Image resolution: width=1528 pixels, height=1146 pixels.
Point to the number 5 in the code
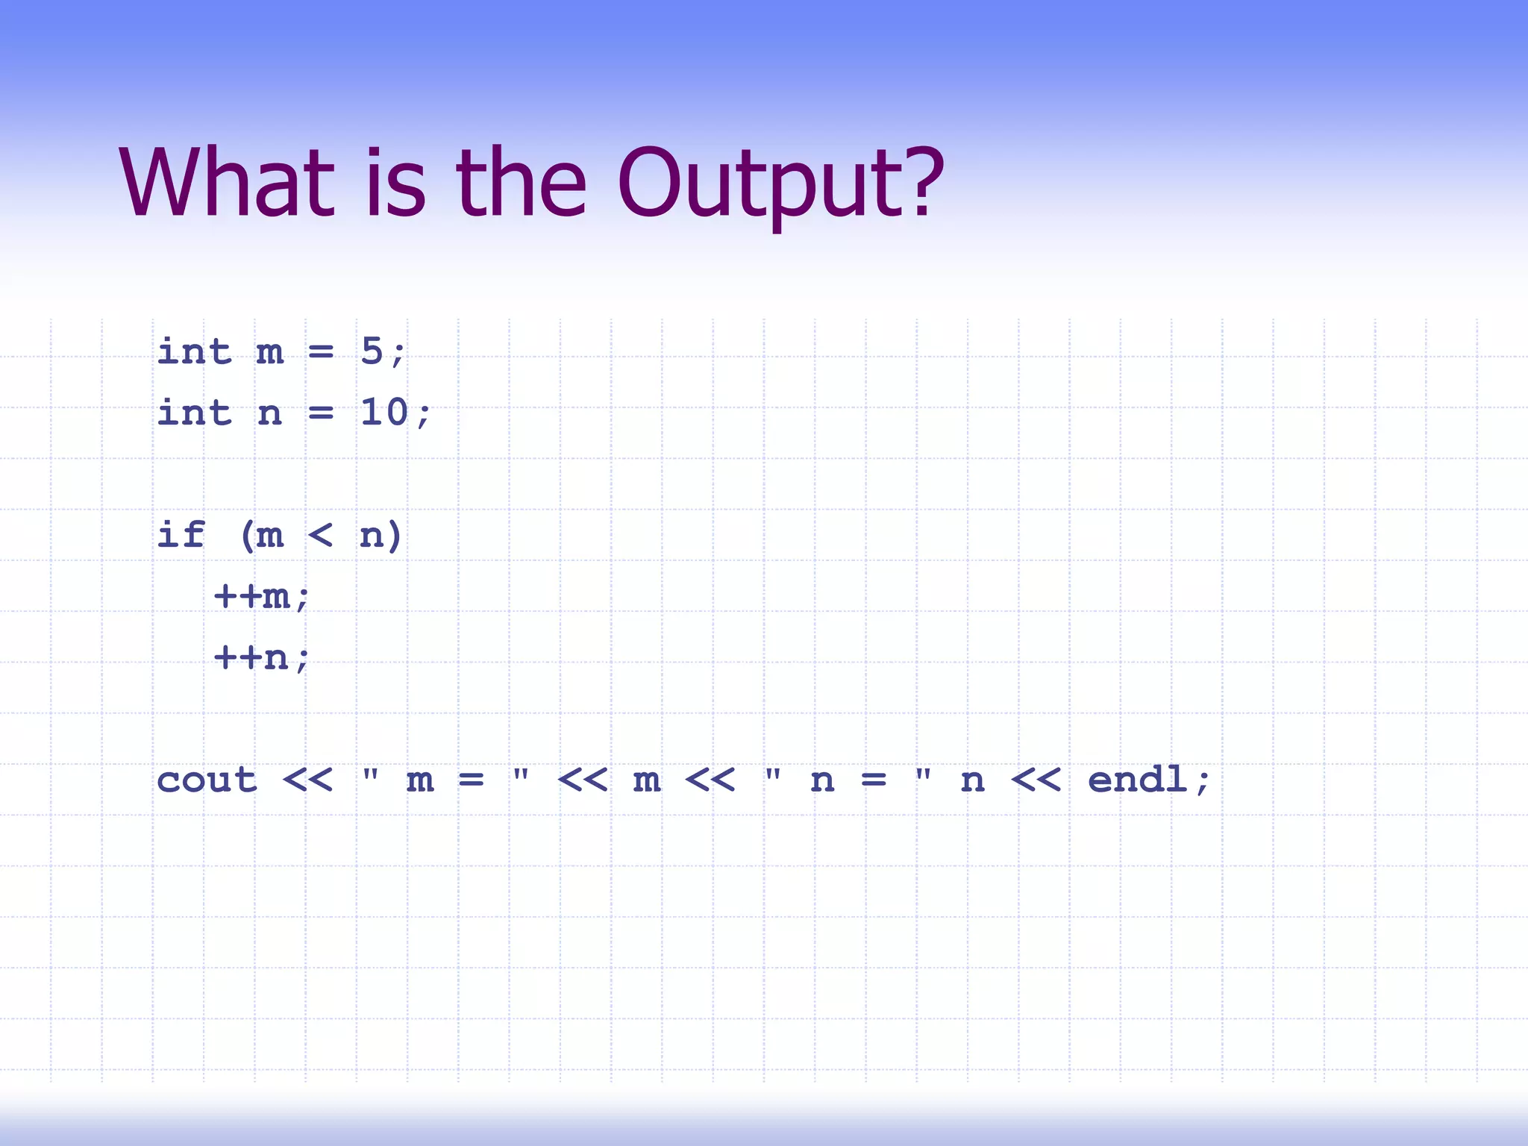tap(372, 351)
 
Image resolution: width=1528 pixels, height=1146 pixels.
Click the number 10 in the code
tap(383, 413)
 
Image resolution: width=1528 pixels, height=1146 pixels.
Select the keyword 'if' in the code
tap(181, 535)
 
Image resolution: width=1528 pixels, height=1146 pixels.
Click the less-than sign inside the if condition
tap(320, 535)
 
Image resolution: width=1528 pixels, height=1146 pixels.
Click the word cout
tap(207, 780)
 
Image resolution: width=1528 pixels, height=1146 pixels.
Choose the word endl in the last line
tap(1137, 780)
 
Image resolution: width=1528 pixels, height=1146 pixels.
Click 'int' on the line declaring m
tap(194, 351)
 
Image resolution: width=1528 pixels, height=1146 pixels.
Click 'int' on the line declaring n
tap(194, 413)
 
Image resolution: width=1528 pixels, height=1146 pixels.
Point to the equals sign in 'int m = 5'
tap(321, 351)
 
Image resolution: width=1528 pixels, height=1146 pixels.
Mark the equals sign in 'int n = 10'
tap(321, 413)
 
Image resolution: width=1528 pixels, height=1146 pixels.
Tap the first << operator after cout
tap(307, 780)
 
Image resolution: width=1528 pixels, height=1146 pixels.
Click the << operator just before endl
tap(1036, 780)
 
